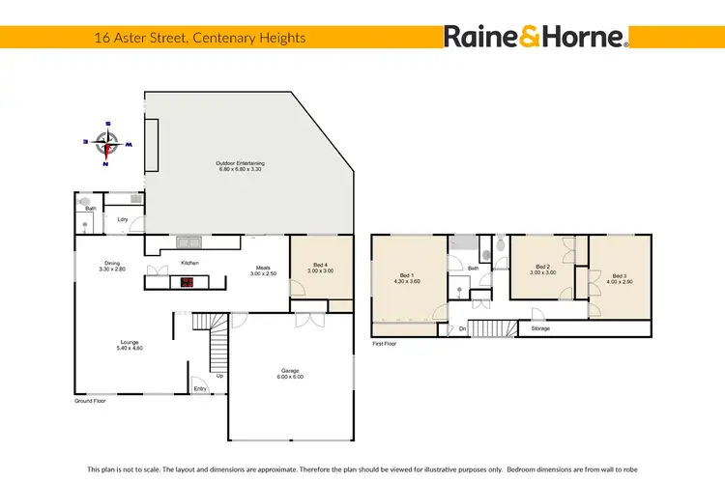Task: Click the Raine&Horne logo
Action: (536, 37)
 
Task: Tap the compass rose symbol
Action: (107, 143)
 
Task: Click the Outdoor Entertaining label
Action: (240, 166)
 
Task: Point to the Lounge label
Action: (130, 344)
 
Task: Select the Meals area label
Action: (263, 271)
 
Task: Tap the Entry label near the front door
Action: (200, 389)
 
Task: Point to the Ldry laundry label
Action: (123, 220)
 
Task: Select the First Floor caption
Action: (386, 343)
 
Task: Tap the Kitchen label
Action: (190, 263)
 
